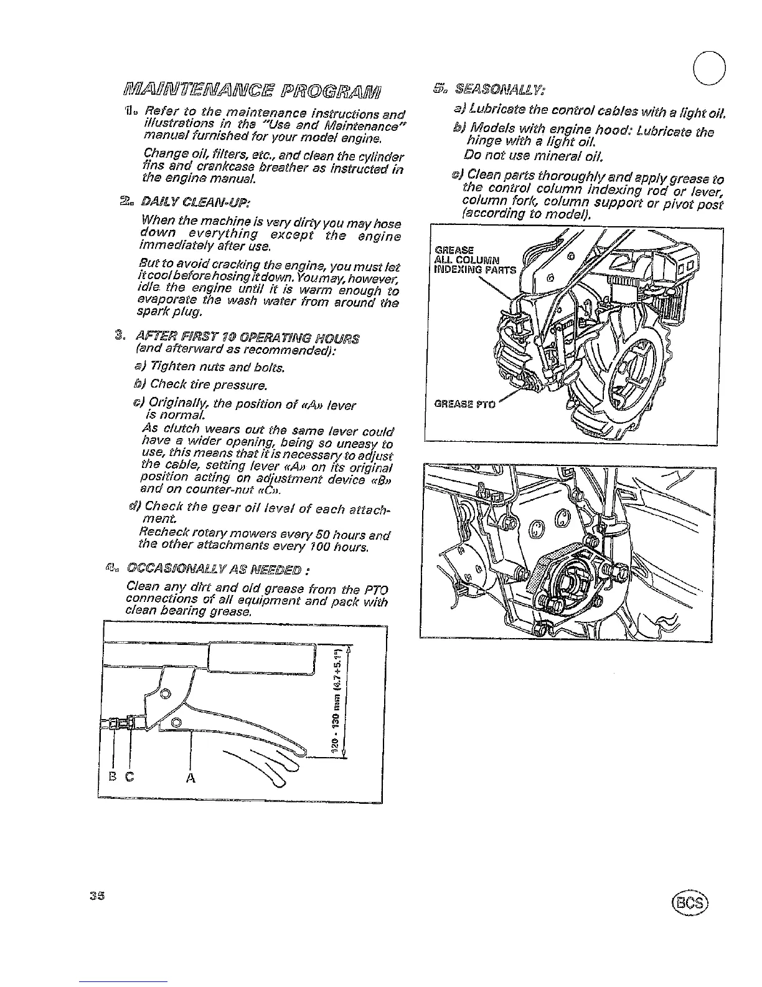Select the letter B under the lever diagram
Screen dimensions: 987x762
[x=113, y=777]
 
